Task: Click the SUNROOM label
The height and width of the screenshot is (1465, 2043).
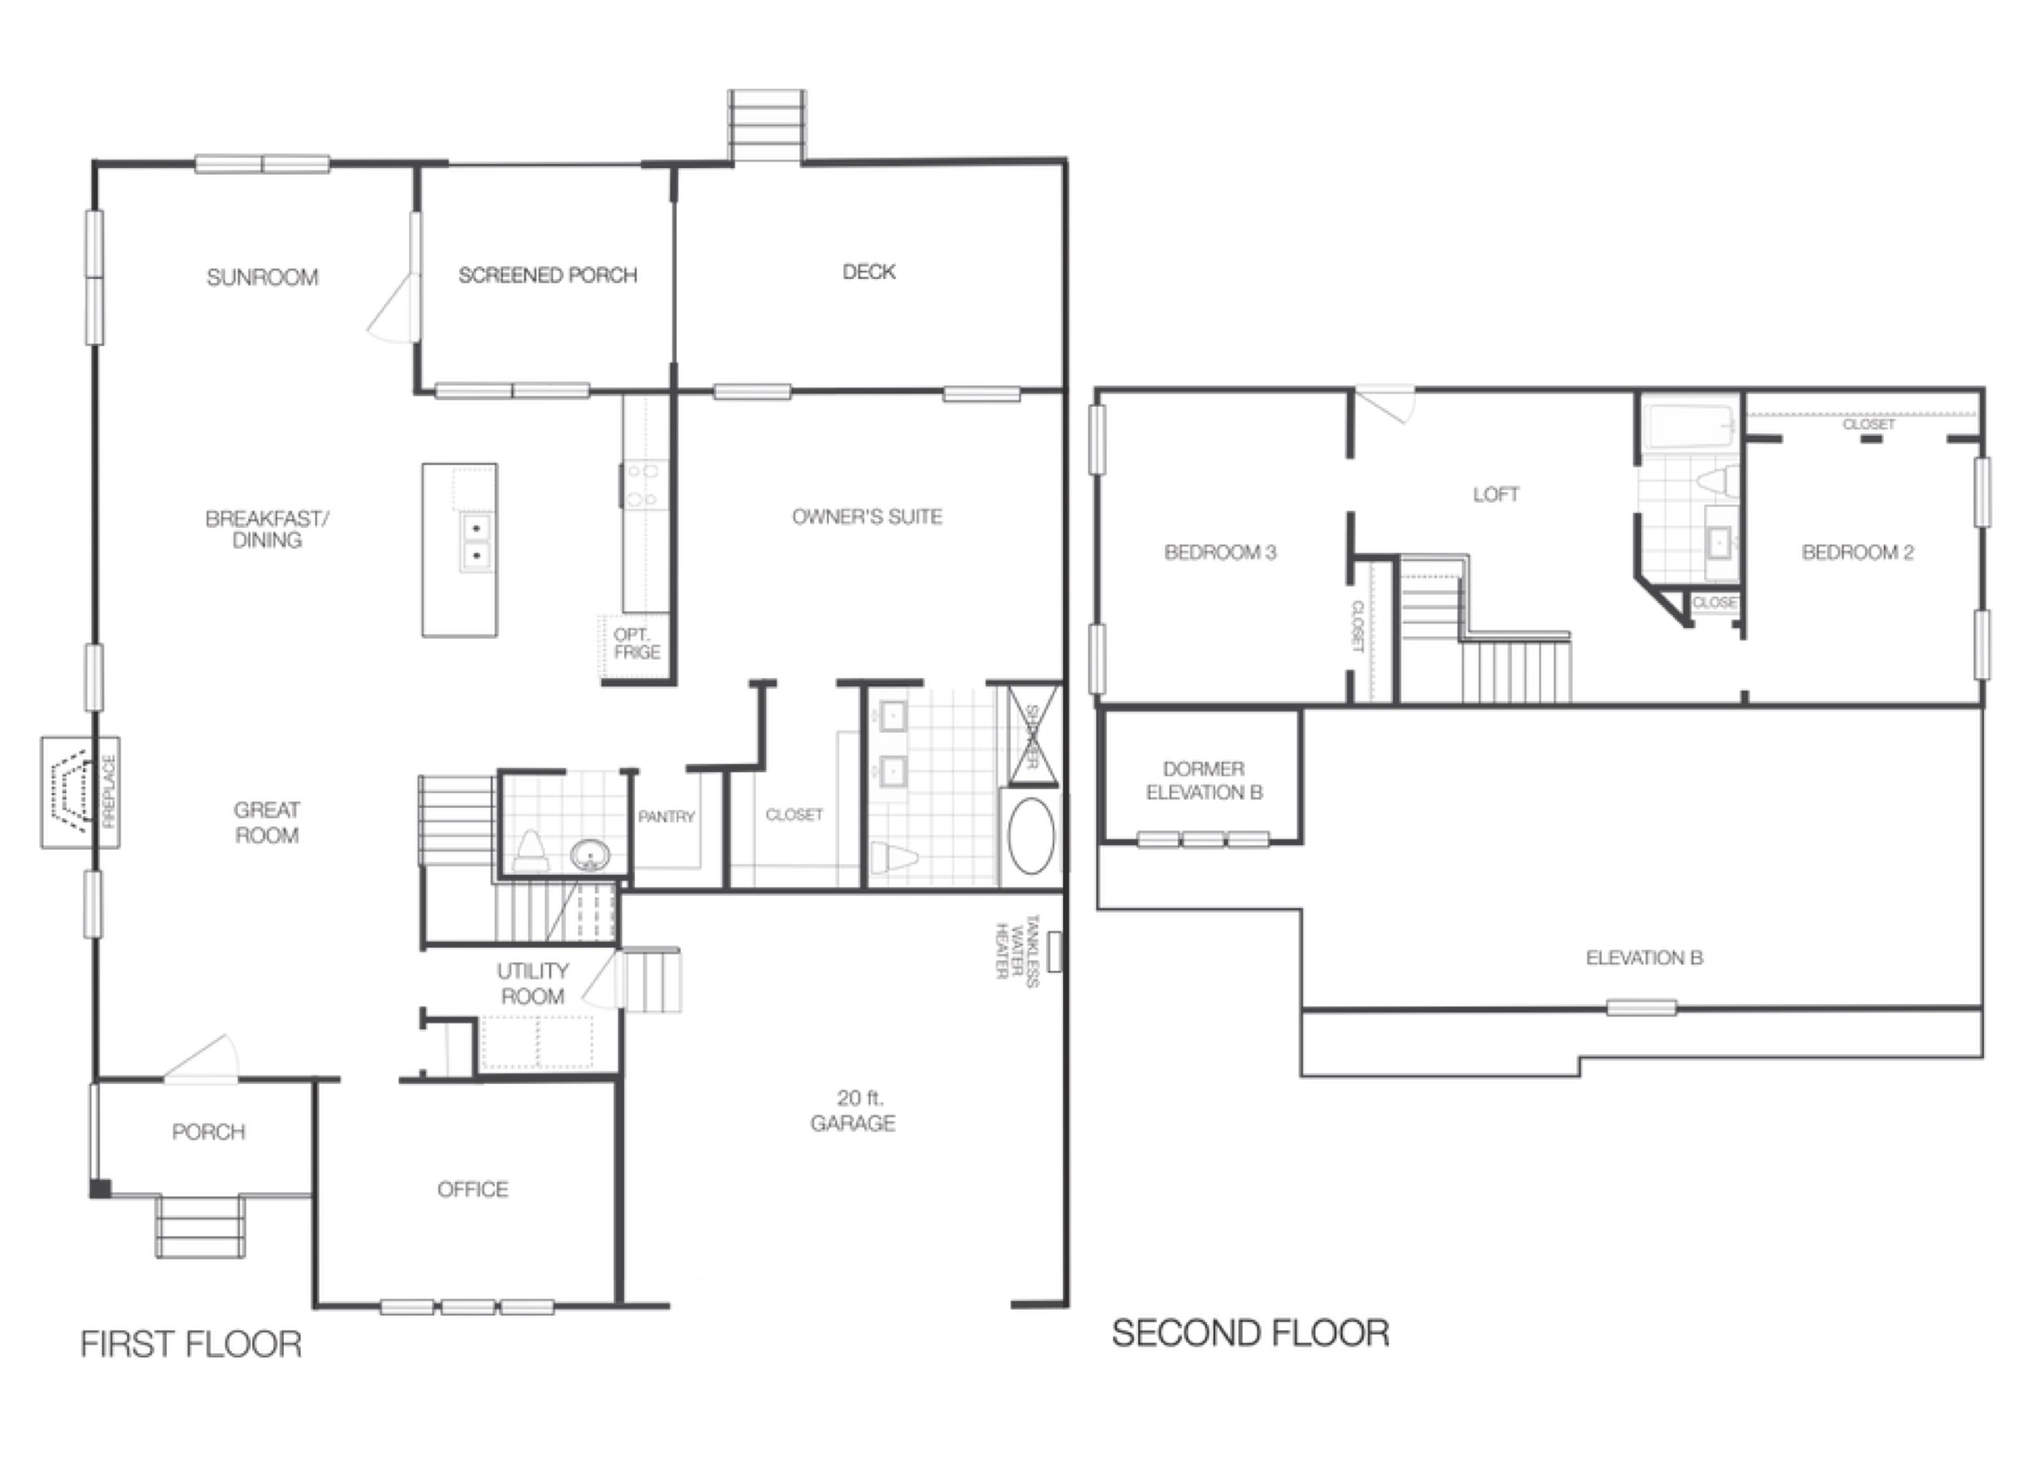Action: click(262, 277)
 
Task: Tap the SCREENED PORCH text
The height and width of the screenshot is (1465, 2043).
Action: click(547, 275)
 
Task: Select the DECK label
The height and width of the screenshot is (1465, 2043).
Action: click(868, 271)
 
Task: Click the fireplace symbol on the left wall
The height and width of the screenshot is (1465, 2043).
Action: click(79, 792)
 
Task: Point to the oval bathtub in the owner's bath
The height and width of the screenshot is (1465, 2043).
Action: click(1031, 835)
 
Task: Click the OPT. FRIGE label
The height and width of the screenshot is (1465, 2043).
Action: click(636, 644)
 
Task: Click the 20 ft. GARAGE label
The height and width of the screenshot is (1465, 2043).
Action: click(852, 1110)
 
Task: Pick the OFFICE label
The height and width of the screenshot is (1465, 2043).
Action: click(472, 1189)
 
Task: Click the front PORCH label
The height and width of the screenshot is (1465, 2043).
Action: click(208, 1132)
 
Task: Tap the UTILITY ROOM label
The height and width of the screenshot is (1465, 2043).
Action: click(531, 983)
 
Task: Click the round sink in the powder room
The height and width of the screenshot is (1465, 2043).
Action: click(590, 852)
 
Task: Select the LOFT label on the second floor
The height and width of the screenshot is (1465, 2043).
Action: click(1496, 494)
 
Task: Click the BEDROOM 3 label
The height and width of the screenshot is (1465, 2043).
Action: click(1220, 552)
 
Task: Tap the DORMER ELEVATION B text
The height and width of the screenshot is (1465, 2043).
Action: click(1204, 780)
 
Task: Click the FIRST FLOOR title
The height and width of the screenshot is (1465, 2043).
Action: click(191, 1345)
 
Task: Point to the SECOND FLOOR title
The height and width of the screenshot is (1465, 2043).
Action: click(1251, 1333)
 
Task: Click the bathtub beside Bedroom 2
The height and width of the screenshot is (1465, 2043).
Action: click(1689, 427)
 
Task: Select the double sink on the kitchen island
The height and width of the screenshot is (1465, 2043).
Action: click(475, 542)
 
